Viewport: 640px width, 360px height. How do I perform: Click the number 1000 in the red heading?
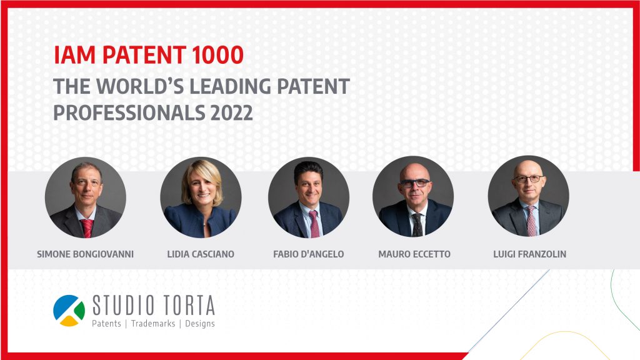217,55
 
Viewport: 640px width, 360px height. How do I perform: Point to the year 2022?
231,112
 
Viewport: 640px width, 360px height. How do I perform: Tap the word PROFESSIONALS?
129,112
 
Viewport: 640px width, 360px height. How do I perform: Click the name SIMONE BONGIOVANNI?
85,254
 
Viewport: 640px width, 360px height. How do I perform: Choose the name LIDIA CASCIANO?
201,254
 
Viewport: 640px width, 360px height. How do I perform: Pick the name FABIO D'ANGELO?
309,254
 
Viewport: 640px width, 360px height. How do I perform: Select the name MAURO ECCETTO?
414,254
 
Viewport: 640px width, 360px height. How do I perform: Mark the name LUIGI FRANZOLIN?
530,254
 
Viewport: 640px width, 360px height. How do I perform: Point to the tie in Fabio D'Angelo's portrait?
314,224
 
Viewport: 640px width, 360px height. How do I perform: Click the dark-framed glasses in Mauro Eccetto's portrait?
415,183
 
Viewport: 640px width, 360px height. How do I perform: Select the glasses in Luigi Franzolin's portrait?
529,179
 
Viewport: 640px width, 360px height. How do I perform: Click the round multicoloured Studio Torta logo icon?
69,311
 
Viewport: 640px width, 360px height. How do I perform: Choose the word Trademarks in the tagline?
153,324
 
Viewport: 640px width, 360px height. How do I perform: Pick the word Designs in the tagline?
200,324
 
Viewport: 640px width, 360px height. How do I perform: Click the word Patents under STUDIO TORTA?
106,324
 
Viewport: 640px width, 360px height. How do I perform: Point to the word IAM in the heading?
74,55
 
